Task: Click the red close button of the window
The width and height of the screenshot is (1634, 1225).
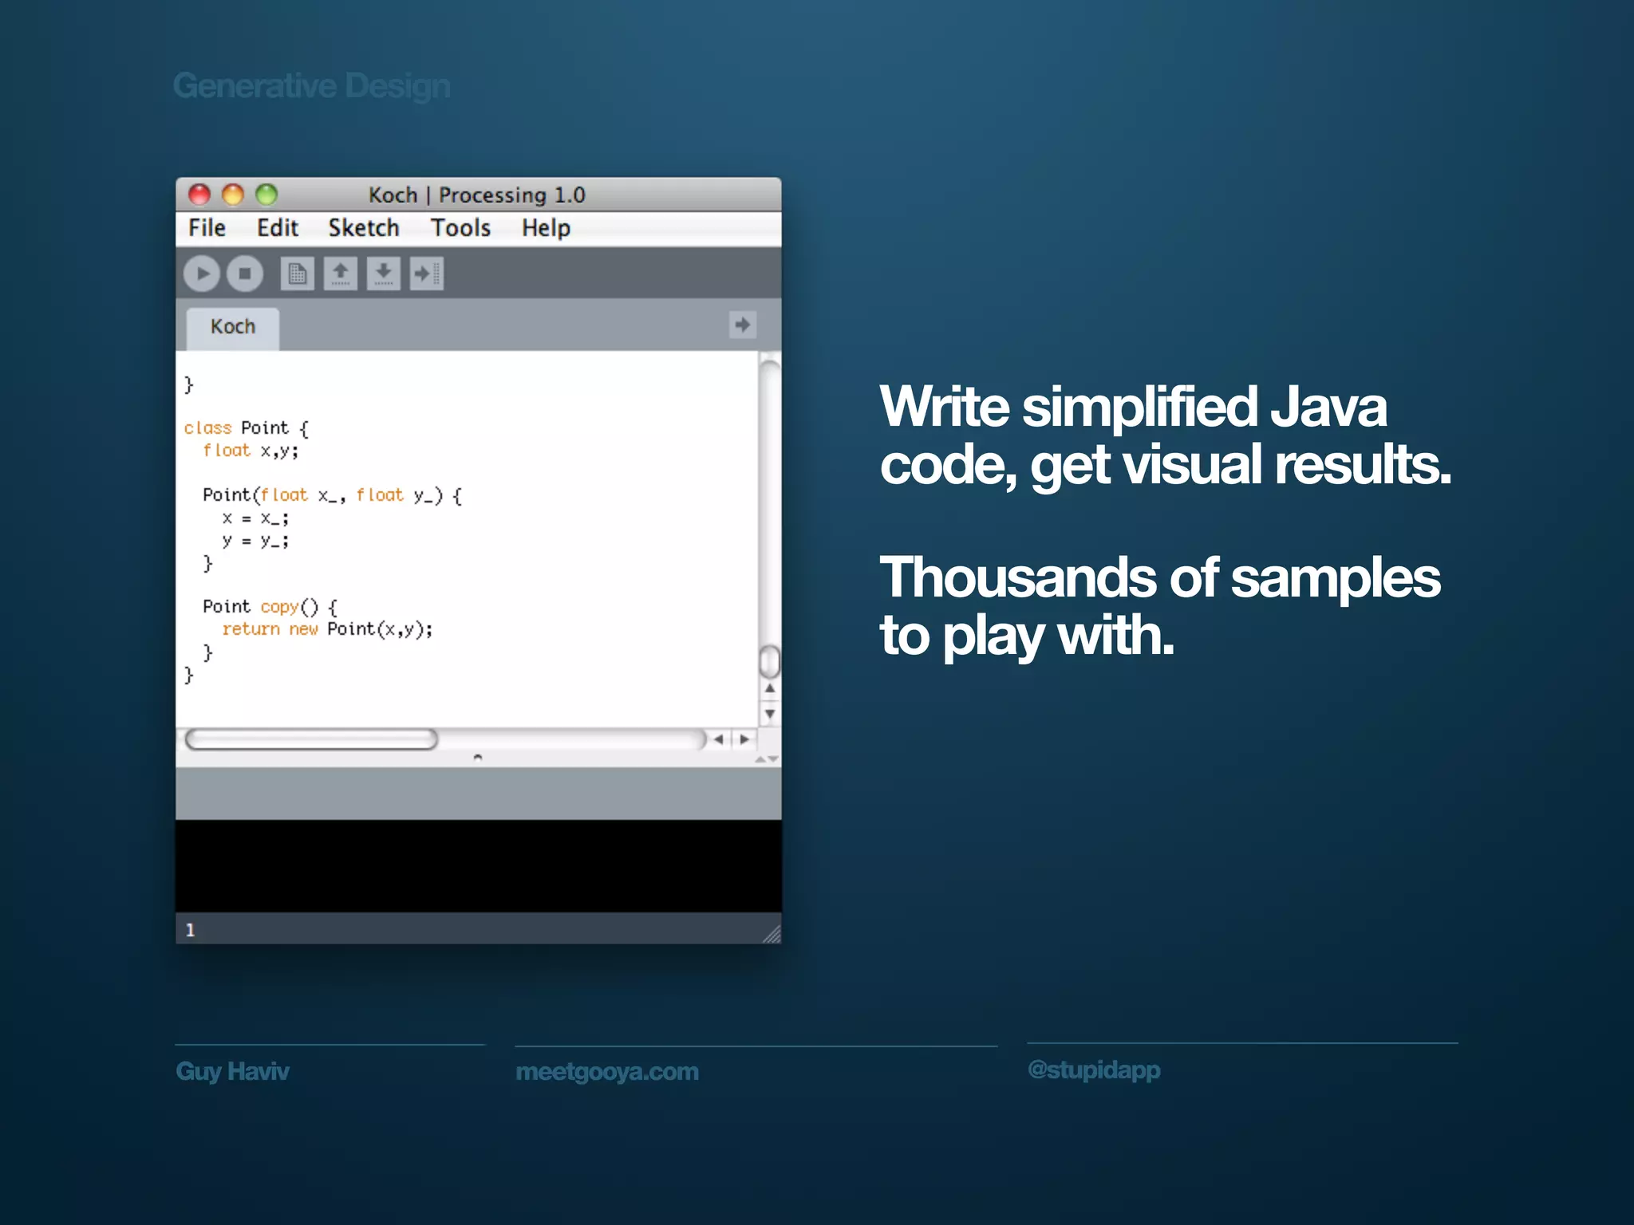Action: (x=199, y=195)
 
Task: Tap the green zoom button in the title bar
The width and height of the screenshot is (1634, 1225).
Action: (x=266, y=195)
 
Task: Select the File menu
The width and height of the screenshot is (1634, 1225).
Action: (x=207, y=228)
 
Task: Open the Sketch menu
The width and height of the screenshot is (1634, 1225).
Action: (x=364, y=228)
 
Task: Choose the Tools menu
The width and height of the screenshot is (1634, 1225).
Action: (x=460, y=228)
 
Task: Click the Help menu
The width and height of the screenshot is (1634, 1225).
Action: (x=546, y=228)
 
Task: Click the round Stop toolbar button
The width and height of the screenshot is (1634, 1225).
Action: (x=245, y=274)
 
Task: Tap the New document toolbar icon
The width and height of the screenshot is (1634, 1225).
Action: (x=297, y=274)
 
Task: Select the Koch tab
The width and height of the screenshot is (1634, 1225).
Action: (x=233, y=327)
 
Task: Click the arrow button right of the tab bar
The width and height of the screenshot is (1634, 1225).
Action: (x=743, y=325)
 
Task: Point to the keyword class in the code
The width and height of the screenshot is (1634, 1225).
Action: (x=207, y=428)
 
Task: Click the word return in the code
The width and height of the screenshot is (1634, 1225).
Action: (x=251, y=629)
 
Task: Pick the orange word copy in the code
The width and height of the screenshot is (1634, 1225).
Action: (x=279, y=607)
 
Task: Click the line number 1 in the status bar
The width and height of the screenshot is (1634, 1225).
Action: (x=190, y=930)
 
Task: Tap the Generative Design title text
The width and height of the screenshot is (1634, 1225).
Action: (x=311, y=86)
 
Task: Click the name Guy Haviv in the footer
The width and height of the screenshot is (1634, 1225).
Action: (x=232, y=1071)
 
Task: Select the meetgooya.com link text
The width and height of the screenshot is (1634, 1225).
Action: (x=607, y=1072)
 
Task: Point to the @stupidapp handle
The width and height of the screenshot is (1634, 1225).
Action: (x=1094, y=1069)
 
